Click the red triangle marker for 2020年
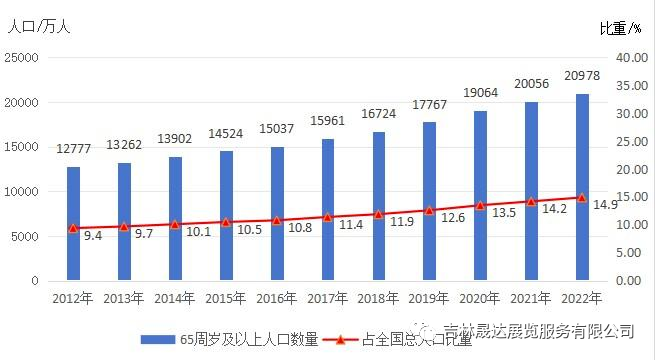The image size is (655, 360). (x=480, y=205)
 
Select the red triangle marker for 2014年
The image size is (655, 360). (x=175, y=225)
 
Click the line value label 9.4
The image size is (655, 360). (x=92, y=236)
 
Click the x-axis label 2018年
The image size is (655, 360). (x=378, y=297)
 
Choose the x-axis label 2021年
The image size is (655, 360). (x=531, y=297)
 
